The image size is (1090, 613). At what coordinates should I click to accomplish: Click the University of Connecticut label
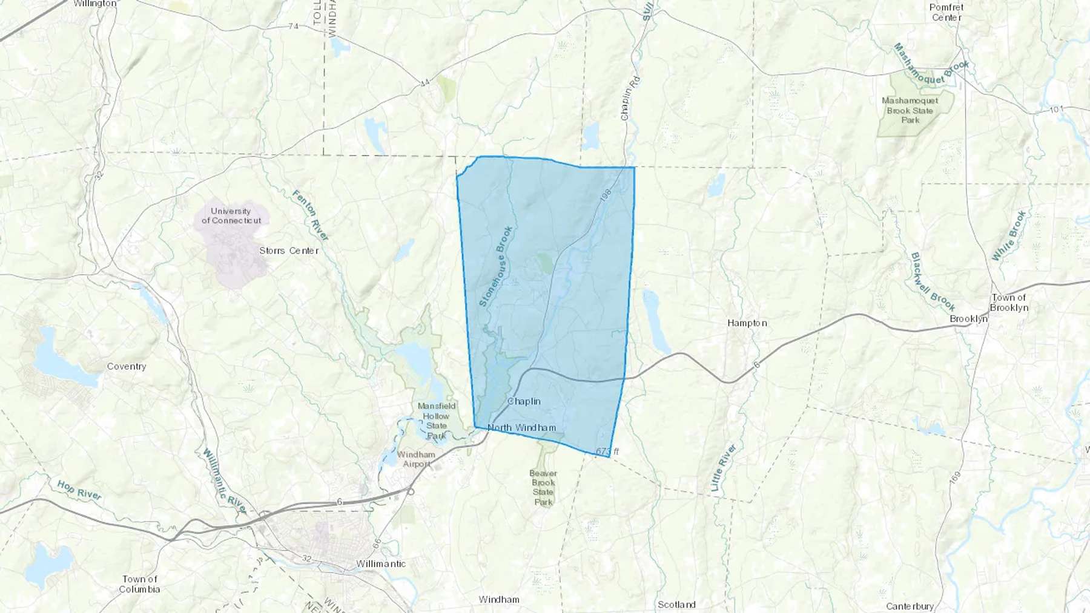[231, 215]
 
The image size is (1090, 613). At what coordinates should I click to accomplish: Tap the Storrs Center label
[289, 251]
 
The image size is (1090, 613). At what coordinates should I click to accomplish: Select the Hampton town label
[747, 323]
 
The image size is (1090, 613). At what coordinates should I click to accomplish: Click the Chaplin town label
[524, 401]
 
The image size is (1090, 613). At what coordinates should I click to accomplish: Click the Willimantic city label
[381, 564]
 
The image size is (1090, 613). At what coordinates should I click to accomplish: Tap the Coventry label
[127, 366]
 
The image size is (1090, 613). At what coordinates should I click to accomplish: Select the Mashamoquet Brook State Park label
[910, 110]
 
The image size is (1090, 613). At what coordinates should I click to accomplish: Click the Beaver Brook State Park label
[543, 487]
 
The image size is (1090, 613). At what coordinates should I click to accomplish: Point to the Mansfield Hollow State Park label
[436, 421]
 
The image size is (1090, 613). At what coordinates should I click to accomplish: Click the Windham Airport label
[416, 459]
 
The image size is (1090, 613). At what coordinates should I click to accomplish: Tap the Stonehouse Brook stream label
[496, 266]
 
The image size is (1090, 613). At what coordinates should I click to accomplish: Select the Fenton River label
[311, 215]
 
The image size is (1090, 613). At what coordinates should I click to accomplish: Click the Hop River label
[79, 490]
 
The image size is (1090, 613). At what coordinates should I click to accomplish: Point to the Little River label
[724, 467]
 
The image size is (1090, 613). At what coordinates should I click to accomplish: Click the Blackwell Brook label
[933, 281]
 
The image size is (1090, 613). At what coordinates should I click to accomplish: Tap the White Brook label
[1009, 235]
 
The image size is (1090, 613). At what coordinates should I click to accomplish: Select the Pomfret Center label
[946, 12]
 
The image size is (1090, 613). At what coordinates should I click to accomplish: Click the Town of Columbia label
[139, 584]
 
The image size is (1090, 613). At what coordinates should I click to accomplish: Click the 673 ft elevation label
[607, 451]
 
